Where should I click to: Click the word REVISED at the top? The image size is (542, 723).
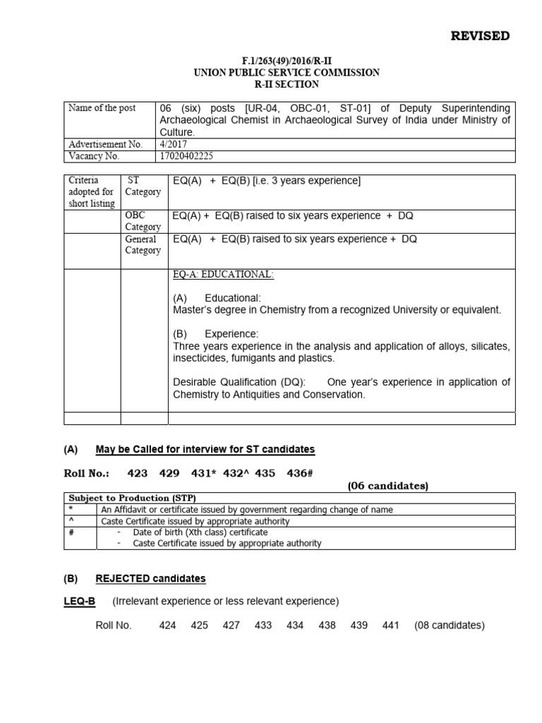[x=480, y=36]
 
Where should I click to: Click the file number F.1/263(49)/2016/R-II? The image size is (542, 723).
[x=257, y=61]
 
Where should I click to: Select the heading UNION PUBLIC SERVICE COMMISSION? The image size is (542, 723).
[x=257, y=73]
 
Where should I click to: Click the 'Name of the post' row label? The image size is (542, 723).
[x=102, y=108]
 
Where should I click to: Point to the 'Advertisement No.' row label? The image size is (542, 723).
[x=105, y=143]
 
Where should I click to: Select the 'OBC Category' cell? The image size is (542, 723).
[x=143, y=221]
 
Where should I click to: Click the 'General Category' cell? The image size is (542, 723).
[x=143, y=244]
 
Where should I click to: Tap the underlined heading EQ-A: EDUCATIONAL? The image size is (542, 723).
[x=222, y=275]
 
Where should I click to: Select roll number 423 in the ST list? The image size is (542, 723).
[x=138, y=473]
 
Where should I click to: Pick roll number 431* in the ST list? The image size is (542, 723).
[x=204, y=473]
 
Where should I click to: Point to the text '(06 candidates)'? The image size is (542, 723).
[x=387, y=486]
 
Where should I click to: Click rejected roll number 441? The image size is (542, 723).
[x=390, y=626]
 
